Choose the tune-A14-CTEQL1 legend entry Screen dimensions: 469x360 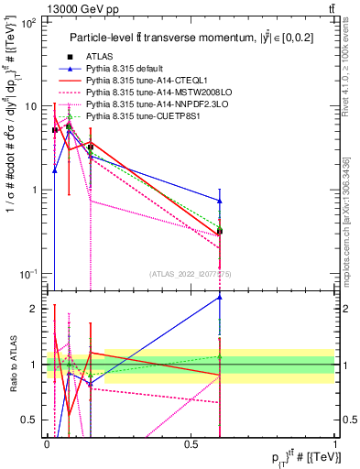147,82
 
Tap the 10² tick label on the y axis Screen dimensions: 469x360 29,23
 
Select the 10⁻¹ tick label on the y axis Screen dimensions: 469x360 29,274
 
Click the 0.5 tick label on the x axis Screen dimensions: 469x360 191,443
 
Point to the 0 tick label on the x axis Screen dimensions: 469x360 47,443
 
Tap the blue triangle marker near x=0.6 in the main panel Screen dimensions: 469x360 220,200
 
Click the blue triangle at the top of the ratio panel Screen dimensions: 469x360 220,297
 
